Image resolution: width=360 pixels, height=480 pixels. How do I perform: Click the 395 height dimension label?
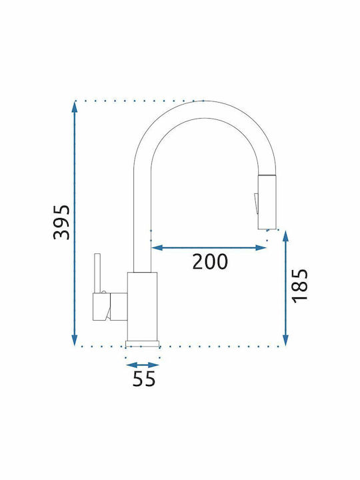coord(61,222)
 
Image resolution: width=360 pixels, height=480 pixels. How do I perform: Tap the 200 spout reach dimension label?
coord(210,261)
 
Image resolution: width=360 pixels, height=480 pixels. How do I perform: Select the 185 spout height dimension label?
coord(300,286)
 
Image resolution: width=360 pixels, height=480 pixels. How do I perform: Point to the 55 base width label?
coord(144,379)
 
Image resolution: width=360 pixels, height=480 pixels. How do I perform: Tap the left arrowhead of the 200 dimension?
coord(157,247)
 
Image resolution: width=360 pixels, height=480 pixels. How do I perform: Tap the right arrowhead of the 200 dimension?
coord(261,247)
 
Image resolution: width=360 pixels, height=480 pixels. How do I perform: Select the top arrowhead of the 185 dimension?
coord(285,236)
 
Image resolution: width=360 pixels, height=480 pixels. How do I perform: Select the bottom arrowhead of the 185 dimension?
coord(285,341)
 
